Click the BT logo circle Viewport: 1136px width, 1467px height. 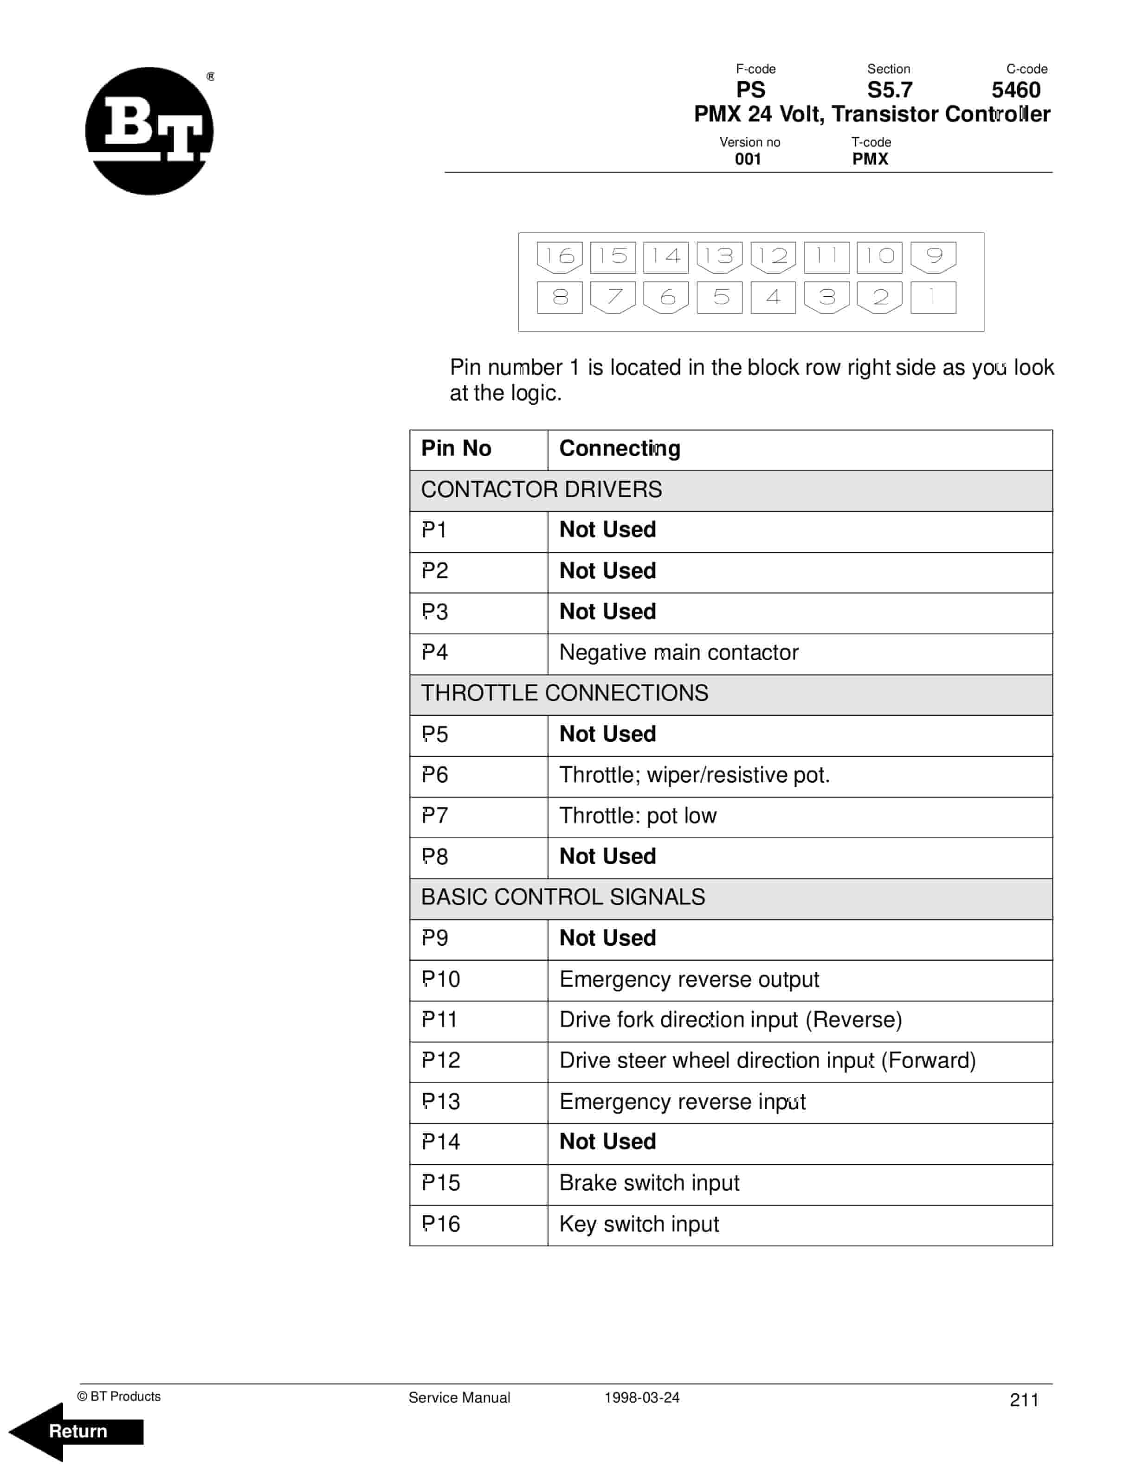pos(149,131)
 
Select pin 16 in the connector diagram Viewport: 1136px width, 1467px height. pos(559,256)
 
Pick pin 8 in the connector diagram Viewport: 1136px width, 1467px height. pos(559,297)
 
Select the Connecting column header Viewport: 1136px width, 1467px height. pos(619,449)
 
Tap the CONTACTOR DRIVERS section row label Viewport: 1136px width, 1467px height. pos(541,490)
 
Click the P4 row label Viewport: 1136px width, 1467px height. pos(435,652)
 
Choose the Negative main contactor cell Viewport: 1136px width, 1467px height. pos(678,652)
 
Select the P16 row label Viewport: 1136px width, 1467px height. pos(440,1224)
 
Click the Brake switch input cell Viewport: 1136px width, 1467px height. pos(649,1183)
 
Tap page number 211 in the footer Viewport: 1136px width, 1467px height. pos(1024,1400)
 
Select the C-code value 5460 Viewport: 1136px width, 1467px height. pos(1016,90)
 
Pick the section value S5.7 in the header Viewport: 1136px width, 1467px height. pos(889,90)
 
